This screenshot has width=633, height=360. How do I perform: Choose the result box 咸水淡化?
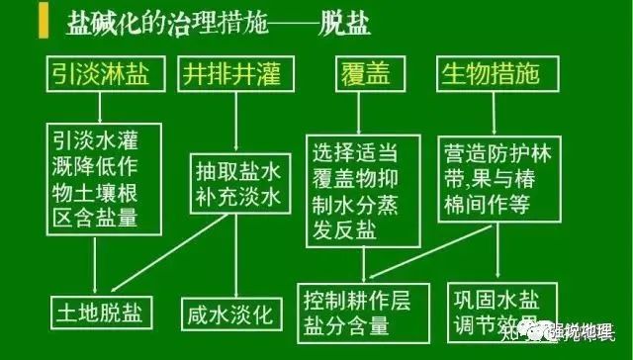(230, 315)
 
